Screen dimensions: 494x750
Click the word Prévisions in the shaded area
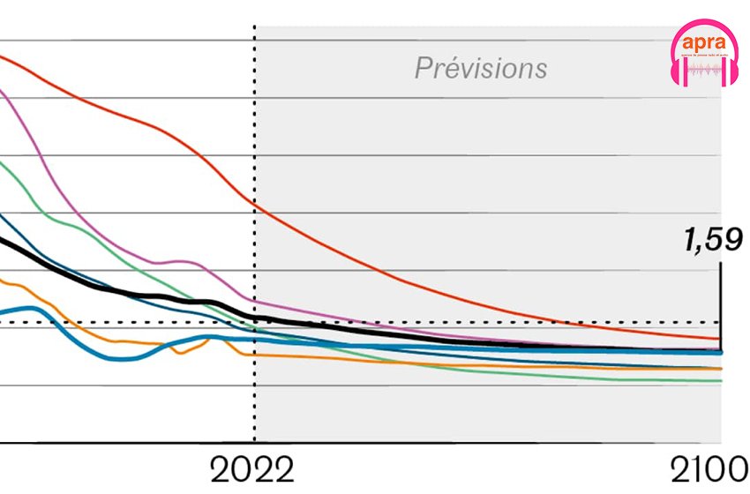pyautogui.click(x=481, y=68)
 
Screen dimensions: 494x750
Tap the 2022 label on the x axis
pyautogui.click(x=252, y=470)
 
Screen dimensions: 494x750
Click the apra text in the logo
pyautogui.click(x=703, y=41)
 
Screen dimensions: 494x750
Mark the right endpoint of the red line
pyautogui.click(x=720, y=339)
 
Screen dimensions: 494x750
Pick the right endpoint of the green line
pyautogui.click(x=720, y=381)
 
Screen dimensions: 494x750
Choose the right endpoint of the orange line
pyautogui.click(x=720, y=368)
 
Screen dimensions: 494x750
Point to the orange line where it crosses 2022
pyautogui.click(x=255, y=355)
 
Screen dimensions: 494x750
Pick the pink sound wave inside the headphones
pyautogui.click(x=704, y=69)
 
